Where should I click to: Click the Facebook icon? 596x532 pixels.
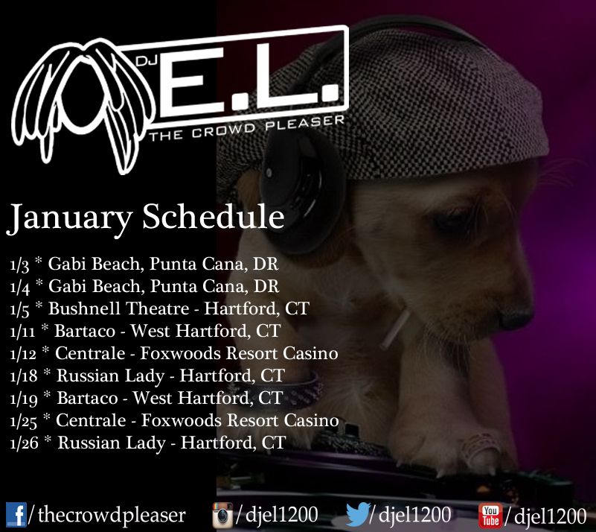pos(16,515)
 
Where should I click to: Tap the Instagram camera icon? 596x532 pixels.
pos(222,516)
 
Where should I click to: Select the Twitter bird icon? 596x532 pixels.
pos(359,513)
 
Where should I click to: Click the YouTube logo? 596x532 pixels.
pos(490,516)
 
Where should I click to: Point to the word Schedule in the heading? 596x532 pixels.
pos(214,217)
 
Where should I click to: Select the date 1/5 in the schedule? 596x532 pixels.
pos(20,309)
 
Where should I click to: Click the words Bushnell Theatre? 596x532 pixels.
pos(118,308)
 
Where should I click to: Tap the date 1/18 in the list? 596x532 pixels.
pos(24,376)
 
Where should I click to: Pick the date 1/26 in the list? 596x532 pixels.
pos(24,443)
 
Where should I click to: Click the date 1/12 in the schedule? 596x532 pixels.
pos(23,354)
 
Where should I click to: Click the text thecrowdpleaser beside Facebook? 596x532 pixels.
pos(112,516)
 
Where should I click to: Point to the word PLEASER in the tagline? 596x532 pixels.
pos(304,123)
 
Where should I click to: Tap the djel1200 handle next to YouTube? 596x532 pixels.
pos(551,516)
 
